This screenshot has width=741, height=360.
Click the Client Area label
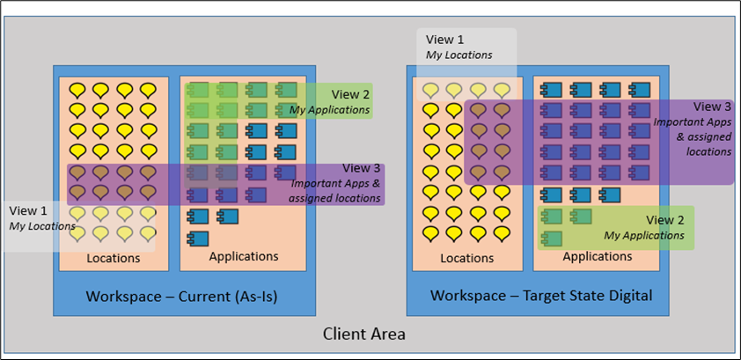tap(364, 334)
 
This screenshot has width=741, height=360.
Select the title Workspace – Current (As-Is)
tap(181, 296)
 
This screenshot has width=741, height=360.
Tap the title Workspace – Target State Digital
tap(541, 296)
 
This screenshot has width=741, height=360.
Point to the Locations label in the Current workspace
tap(114, 258)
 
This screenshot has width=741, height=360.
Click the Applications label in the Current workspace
tap(244, 256)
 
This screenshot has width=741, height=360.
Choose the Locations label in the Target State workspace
tap(466, 258)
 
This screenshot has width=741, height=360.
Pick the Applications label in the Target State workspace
tap(598, 256)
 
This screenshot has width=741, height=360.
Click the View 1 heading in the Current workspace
tap(29, 211)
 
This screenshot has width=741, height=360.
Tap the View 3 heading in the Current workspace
tap(362, 168)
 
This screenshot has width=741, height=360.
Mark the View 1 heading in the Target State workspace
tap(445, 40)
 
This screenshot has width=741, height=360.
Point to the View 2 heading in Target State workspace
tap(665, 220)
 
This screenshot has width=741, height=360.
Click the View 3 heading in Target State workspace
tap(712, 107)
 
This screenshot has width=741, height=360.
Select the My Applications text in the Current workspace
tap(330, 110)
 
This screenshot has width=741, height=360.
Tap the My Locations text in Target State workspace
tap(459, 55)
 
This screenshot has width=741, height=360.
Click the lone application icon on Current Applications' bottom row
tap(197, 237)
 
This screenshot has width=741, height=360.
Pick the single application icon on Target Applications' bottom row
tap(551, 237)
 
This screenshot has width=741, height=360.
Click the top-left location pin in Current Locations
tap(77, 89)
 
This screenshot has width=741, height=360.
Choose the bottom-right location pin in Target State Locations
tap(502, 232)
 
